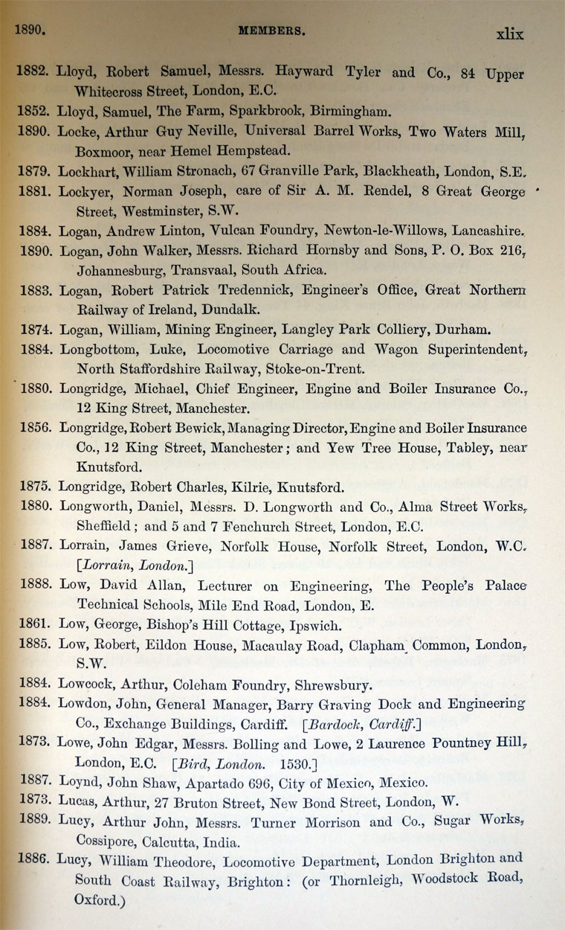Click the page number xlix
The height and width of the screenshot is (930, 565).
(509, 34)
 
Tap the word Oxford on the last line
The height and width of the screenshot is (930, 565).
(96, 899)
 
